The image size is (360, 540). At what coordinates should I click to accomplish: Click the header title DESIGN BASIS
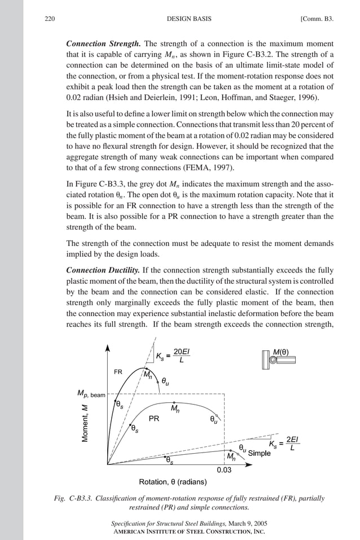(190, 19)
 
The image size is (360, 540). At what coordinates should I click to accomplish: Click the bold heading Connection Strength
(104, 43)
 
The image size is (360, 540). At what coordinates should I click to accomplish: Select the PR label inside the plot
(153, 419)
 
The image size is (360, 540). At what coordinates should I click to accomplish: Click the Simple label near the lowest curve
(260, 453)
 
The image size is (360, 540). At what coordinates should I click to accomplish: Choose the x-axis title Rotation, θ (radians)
(173, 481)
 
